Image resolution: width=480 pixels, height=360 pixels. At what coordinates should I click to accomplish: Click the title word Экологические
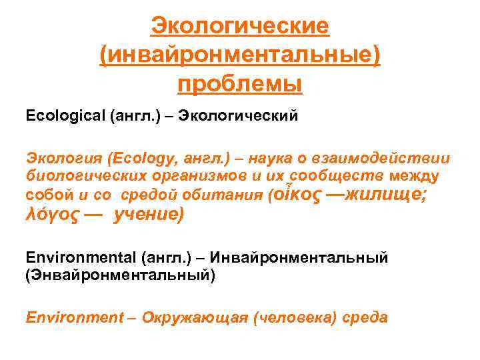240,27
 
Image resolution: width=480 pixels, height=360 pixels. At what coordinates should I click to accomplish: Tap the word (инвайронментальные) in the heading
240,56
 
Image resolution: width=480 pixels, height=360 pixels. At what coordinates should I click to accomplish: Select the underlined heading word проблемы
240,85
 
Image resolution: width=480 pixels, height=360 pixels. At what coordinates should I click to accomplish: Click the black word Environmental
80,257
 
